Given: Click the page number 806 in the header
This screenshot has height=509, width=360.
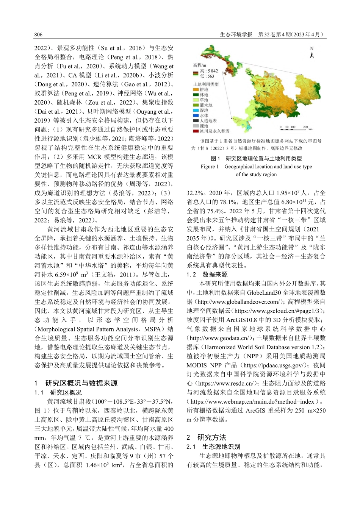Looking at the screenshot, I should (38, 34).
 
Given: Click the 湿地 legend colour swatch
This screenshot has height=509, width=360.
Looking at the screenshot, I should (196, 111).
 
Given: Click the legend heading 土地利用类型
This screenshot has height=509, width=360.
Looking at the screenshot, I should (206, 84).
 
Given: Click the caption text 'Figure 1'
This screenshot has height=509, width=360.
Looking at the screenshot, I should (210, 167).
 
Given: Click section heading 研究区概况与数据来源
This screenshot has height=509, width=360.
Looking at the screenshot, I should (81, 383).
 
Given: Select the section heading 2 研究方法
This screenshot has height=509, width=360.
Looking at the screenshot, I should (206, 437).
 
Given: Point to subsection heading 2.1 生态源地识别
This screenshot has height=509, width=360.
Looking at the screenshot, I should (213, 447).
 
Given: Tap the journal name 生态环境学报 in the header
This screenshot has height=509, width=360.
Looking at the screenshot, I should (236, 34).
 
